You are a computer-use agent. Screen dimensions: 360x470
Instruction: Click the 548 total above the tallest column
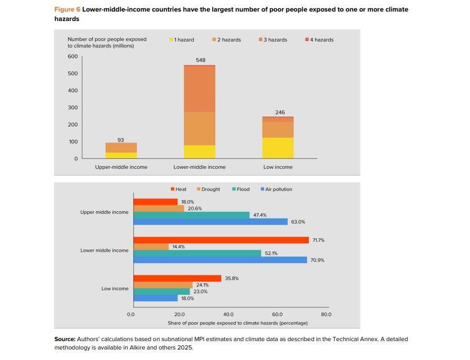point(200,60)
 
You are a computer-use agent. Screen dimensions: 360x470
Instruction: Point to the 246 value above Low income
point(278,112)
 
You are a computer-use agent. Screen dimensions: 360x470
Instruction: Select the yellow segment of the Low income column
point(278,148)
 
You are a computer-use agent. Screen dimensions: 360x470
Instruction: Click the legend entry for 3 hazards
point(273,40)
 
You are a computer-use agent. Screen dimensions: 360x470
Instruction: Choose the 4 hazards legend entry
point(319,40)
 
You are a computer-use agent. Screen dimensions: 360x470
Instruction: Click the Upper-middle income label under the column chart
point(121,167)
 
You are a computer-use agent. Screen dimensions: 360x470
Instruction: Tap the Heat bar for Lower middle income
point(221,240)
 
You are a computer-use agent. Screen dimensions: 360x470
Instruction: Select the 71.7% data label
point(318,240)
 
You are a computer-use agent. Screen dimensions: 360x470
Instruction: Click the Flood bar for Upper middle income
point(192,215)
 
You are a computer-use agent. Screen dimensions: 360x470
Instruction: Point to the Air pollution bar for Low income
point(155,298)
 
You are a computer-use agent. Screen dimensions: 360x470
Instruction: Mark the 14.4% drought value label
point(179,247)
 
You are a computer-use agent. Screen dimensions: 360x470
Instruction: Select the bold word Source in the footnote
point(65,340)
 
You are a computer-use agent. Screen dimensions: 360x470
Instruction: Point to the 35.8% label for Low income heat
point(232,279)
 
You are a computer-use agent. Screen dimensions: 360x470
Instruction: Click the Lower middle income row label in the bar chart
point(104,251)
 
